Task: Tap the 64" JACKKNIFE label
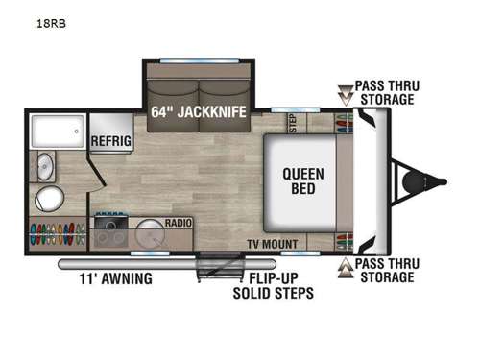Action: click(x=199, y=111)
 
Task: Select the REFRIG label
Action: click(x=110, y=140)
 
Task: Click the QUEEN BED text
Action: click(x=302, y=180)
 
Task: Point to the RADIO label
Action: click(x=179, y=223)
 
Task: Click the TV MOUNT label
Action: click(x=273, y=244)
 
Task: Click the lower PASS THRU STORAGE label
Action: click(x=384, y=270)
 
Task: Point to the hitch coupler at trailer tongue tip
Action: click(x=441, y=180)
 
